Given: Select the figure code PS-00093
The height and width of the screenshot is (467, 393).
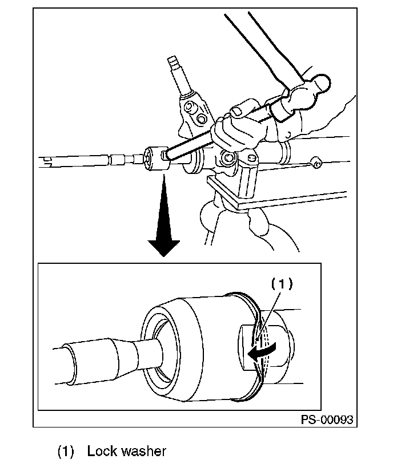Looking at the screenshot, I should [x=327, y=420].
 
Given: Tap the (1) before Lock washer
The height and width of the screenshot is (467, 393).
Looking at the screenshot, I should [x=66, y=451].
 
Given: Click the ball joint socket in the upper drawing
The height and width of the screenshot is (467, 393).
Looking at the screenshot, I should [x=155, y=157].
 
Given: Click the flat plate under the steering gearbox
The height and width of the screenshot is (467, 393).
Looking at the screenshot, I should [x=274, y=195].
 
